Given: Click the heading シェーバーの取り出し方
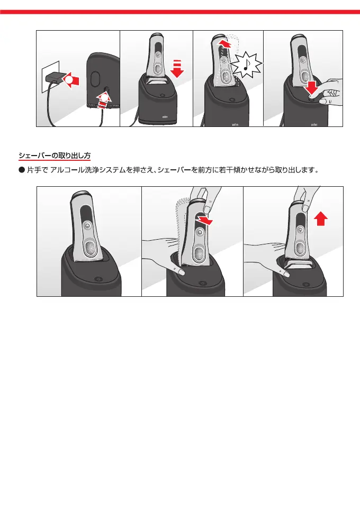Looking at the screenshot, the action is click(x=55, y=156).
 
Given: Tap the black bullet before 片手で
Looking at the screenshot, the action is click(x=22, y=170).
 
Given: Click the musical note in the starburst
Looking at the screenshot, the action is click(x=246, y=65).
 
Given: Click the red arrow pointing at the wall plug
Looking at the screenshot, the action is click(x=71, y=80).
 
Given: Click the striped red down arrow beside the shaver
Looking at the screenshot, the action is click(x=177, y=69).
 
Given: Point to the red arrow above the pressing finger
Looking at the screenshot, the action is click(x=312, y=88).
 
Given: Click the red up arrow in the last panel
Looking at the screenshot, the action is click(x=321, y=218).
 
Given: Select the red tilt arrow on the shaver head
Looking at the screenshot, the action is click(x=204, y=221).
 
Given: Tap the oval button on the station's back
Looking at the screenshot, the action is click(x=95, y=78).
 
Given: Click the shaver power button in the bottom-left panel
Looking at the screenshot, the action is click(x=87, y=225).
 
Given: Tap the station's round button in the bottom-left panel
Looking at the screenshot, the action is click(x=97, y=279).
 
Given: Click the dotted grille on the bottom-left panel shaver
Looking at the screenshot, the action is click(x=91, y=249).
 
